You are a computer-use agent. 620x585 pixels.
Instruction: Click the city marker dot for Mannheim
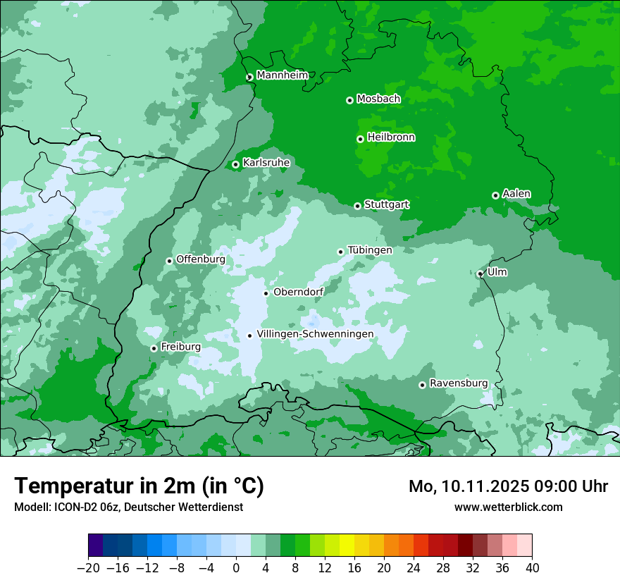[249, 78]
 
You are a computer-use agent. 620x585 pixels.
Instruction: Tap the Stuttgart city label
[386, 204]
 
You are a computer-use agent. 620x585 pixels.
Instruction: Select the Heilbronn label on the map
[391, 137]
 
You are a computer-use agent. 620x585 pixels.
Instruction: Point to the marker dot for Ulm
[480, 274]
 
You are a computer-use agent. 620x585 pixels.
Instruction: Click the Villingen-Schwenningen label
[315, 334]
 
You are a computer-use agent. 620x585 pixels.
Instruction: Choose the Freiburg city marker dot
[154, 348]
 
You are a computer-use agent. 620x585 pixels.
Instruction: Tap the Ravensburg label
[459, 383]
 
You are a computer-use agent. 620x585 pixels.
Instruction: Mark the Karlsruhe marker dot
[235, 165]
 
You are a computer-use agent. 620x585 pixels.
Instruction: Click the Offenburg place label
[201, 259]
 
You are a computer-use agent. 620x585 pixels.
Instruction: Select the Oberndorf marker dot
[266, 293]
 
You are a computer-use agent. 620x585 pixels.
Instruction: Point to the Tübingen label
[370, 250]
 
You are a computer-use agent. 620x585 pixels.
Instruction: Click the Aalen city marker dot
[495, 195]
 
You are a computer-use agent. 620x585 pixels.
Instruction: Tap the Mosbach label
[378, 99]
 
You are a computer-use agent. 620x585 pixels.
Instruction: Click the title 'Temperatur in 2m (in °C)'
[139, 486]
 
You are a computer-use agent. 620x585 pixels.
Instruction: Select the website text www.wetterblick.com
[508, 507]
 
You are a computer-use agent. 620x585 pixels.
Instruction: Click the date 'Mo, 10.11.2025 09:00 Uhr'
[508, 486]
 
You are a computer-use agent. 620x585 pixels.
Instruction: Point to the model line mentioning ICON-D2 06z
[128, 507]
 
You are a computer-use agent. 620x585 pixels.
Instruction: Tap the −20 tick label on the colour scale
[88, 568]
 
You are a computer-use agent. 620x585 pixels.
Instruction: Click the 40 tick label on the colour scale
[532, 568]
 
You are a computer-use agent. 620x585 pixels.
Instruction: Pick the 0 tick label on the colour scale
[236, 568]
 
